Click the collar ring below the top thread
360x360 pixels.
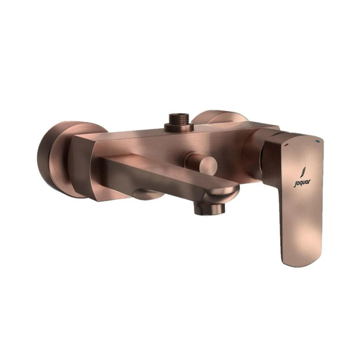tap(179, 127)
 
